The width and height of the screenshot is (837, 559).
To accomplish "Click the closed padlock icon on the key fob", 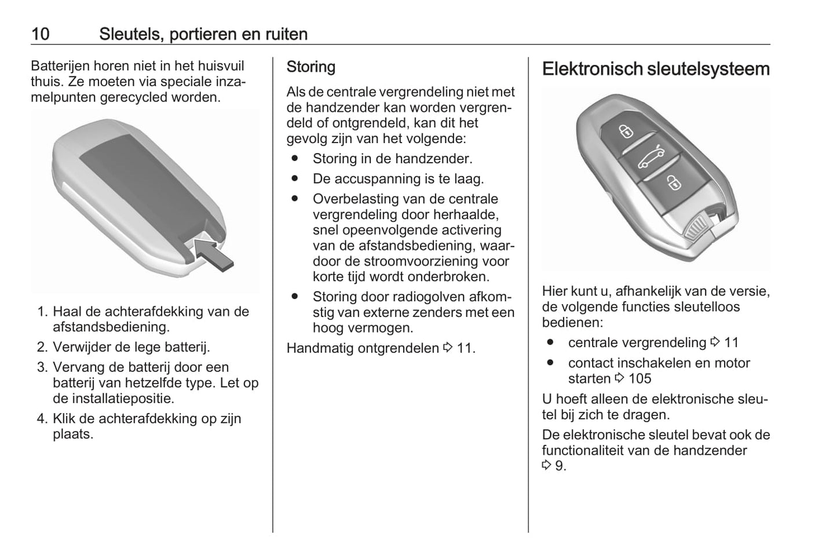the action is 626,131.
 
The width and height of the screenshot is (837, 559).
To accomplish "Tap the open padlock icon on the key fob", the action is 674,182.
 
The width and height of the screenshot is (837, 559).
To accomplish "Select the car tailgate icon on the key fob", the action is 651,157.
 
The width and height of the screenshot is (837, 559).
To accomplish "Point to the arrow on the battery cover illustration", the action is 213,255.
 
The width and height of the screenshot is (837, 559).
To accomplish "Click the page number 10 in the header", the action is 41,34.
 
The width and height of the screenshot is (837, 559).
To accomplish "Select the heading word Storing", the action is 311,67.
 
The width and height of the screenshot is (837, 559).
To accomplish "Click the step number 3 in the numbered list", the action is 42,367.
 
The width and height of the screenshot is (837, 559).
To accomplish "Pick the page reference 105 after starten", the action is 640,378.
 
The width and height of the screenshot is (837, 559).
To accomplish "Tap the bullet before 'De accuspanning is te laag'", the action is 295,178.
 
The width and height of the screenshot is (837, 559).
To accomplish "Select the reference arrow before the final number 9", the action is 547,465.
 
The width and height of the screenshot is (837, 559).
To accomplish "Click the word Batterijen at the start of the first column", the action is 60,66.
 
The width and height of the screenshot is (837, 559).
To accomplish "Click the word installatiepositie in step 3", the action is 114,399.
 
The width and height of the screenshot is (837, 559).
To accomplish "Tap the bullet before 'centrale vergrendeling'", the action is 550,342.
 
